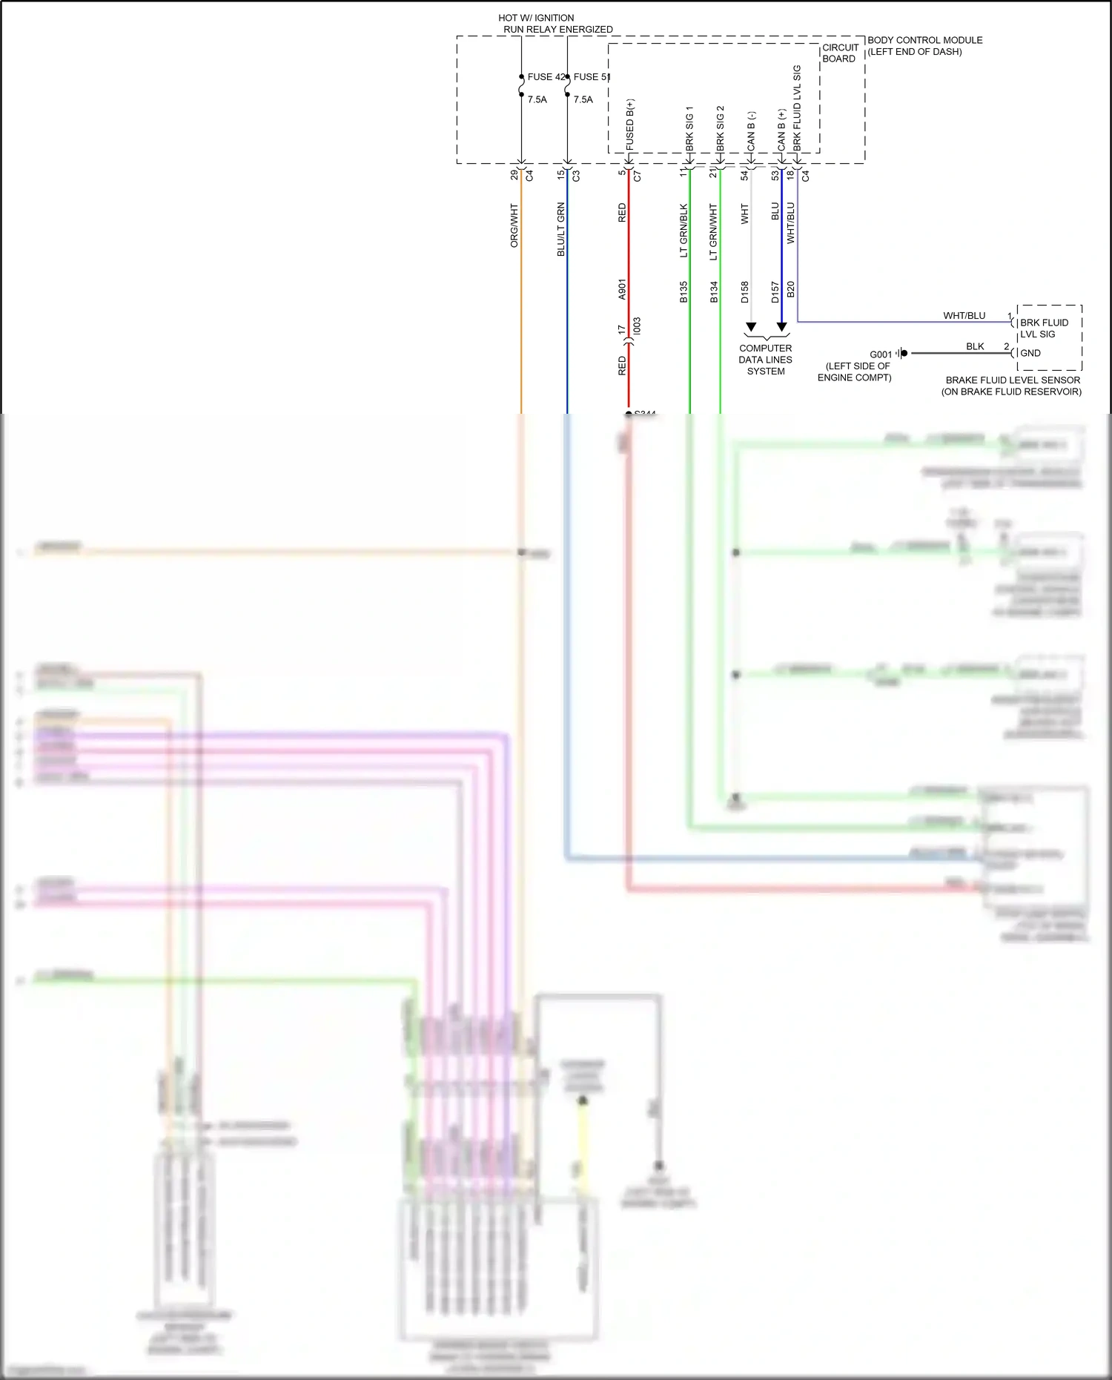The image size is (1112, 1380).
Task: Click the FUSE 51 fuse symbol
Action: coord(567,86)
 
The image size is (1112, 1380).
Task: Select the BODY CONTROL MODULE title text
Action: coord(924,40)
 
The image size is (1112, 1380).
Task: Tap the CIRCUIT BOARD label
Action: coord(840,53)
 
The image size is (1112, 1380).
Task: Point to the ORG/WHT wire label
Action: coord(514,226)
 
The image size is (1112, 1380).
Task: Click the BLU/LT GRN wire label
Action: coord(561,229)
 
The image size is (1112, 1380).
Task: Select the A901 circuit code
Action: coord(622,289)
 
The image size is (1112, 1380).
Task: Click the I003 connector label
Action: coord(637,327)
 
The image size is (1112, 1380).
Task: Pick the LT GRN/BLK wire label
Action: coord(684,231)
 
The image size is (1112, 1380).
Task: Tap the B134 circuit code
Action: coord(714,292)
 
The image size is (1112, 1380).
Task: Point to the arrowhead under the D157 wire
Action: coord(781,327)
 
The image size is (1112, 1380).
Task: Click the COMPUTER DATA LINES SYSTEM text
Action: coord(766,360)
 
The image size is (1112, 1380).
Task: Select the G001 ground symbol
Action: coord(902,353)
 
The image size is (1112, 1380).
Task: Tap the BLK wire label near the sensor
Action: coord(975,346)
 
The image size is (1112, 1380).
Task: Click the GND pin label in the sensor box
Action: coord(1030,353)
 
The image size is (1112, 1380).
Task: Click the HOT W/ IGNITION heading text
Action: coord(536,18)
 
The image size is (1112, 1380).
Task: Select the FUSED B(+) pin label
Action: coord(630,125)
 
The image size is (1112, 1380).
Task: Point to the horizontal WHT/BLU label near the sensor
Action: coord(964,316)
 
